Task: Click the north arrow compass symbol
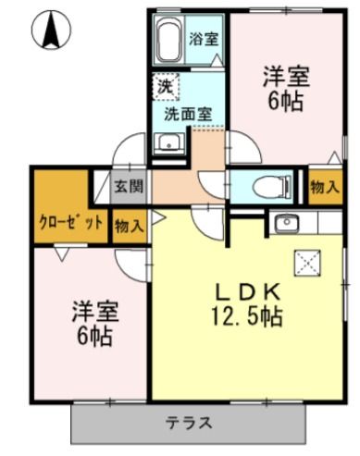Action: click(52, 31)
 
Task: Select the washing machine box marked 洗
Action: click(166, 86)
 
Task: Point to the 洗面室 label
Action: click(188, 115)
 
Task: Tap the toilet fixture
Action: click(270, 184)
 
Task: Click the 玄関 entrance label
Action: click(129, 186)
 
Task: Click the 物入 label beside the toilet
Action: click(323, 187)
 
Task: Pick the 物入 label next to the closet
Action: click(129, 224)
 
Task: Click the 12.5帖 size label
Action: click(245, 316)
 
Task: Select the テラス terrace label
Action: click(190, 424)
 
